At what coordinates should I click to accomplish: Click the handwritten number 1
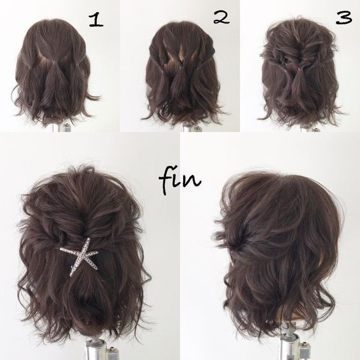(x=96, y=20)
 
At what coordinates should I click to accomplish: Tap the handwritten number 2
(x=221, y=17)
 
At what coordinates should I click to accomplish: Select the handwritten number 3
(x=343, y=17)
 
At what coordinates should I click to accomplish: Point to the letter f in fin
(x=166, y=181)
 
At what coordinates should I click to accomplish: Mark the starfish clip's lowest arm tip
(x=71, y=276)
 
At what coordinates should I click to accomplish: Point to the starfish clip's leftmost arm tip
(x=61, y=249)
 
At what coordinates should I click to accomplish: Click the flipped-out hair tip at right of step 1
(x=94, y=96)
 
